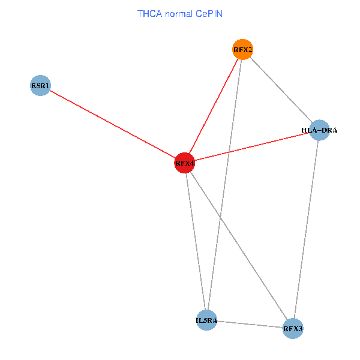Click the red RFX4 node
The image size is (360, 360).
click(185, 163)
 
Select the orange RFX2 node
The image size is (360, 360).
click(242, 49)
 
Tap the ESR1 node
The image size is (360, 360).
click(40, 85)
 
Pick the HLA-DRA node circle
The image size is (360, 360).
click(319, 130)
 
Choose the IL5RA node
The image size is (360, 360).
click(206, 320)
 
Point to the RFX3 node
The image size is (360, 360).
click(293, 329)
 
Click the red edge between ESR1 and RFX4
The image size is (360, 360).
click(113, 124)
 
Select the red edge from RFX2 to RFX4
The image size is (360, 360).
click(214, 106)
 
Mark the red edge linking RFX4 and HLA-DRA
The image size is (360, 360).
click(252, 146)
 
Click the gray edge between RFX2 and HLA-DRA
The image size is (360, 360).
click(281, 90)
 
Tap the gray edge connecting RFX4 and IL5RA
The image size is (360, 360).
click(196, 241)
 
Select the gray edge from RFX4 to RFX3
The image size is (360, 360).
click(239, 245)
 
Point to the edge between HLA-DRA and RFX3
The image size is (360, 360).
click(306, 229)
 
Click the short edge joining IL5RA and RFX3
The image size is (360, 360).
click(250, 324)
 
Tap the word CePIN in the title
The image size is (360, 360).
click(209, 14)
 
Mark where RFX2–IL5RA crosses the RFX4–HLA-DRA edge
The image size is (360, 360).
click(229, 152)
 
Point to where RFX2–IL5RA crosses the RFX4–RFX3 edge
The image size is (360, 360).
click(220, 217)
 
